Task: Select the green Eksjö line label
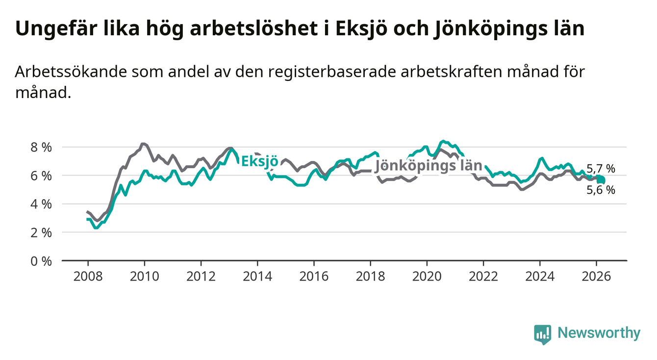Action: [260, 162]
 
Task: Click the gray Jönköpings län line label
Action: [428, 166]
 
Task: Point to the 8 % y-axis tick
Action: [42, 147]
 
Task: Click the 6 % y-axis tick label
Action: [42, 176]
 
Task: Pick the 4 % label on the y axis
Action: [42, 204]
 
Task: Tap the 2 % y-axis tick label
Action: [42, 232]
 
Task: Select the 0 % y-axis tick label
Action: [42, 261]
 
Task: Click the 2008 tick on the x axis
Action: [87, 276]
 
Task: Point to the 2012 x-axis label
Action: [201, 276]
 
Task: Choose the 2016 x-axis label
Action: [314, 276]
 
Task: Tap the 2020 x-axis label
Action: [427, 276]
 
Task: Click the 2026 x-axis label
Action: [596, 276]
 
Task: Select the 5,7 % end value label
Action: [601, 169]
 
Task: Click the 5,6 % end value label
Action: [601, 190]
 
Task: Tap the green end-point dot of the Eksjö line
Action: [601, 181]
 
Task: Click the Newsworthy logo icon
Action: [542, 334]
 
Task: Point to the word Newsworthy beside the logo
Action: [599, 334]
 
